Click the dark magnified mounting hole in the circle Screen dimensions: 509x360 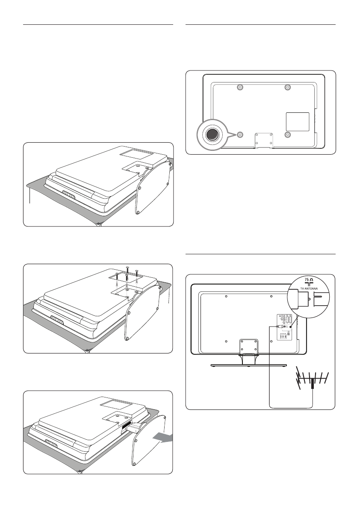212,134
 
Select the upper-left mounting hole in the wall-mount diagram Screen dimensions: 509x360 240,88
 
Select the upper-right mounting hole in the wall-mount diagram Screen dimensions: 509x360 287,88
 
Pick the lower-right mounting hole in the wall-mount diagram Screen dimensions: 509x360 287,134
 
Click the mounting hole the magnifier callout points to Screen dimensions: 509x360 240,134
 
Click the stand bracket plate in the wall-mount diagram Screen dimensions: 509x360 263,139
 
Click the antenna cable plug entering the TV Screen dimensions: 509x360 279,327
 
